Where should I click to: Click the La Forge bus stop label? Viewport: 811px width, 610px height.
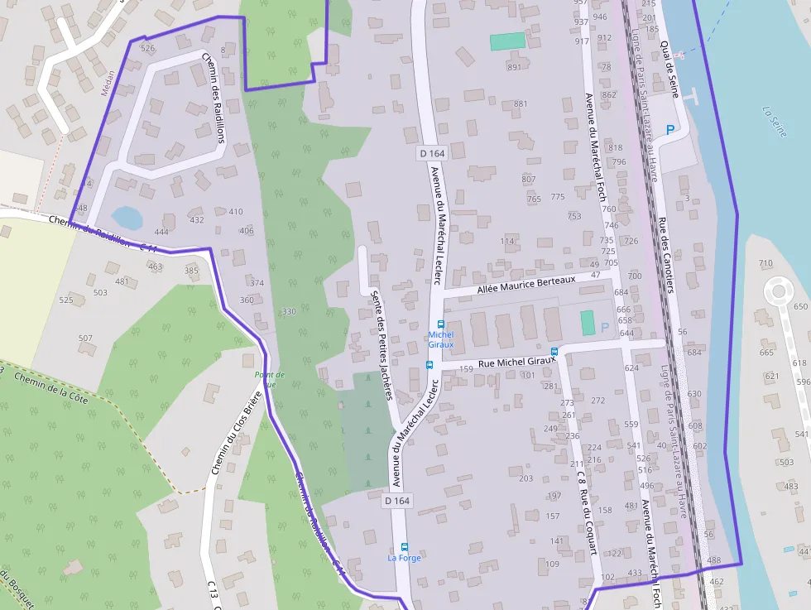404,558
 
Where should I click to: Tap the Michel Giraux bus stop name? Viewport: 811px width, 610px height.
440,339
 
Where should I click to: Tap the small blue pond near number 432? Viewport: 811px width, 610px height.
127,218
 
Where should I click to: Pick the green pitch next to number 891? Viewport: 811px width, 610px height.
507,41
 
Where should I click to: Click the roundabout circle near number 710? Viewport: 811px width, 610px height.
778,292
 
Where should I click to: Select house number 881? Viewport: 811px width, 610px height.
521,103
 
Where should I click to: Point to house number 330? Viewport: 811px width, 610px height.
289,311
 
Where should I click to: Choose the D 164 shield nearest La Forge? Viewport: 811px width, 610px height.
397,501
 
